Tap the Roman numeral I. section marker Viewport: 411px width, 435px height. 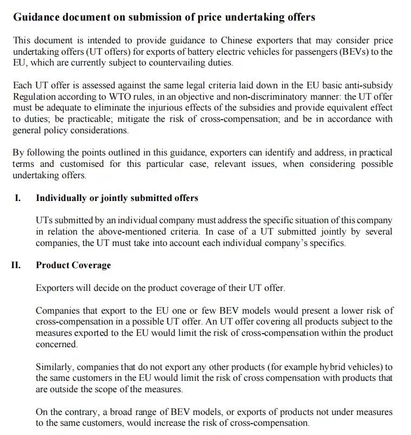pyautogui.click(x=18, y=198)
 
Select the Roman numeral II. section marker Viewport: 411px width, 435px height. pyautogui.click(x=16, y=265)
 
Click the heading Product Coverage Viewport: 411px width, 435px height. pyautogui.click(x=73, y=265)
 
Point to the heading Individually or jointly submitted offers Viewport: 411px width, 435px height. pyautogui.click(x=117, y=198)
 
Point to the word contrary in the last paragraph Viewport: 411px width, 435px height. pyautogui.click(x=81, y=412)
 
